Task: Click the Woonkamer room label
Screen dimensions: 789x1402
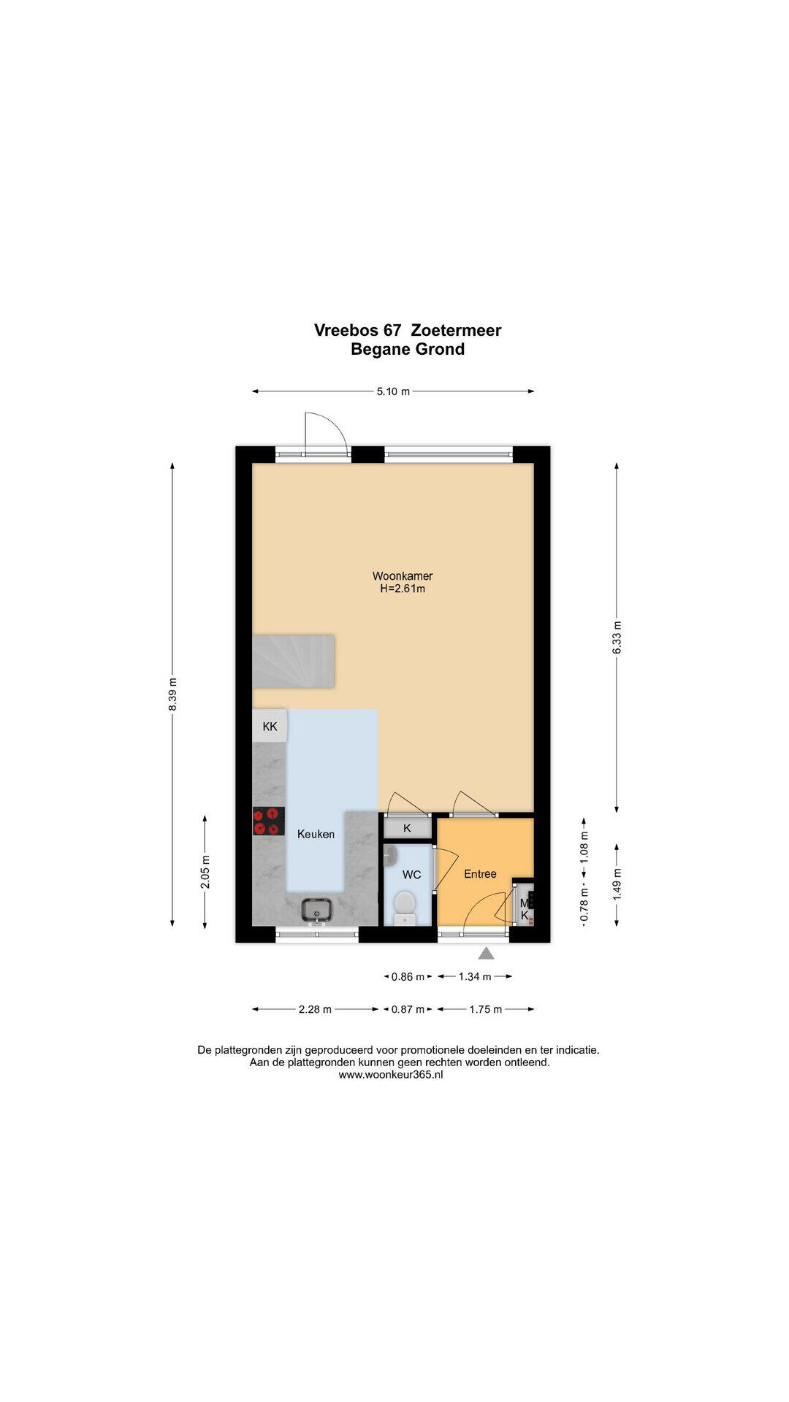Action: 403,575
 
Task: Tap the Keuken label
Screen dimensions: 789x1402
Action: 316,834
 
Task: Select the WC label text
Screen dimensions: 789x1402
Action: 411,875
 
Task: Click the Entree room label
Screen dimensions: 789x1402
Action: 480,873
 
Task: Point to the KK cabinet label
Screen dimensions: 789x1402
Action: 270,727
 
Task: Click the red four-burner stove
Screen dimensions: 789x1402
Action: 268,821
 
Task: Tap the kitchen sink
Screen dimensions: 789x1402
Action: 317,910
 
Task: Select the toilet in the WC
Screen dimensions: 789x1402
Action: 405,908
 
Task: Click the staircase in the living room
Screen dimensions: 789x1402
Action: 293,661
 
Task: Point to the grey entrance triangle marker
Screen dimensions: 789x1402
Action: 487,953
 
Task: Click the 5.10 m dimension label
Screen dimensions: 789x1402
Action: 393,391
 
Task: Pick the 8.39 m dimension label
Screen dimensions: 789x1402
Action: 172,694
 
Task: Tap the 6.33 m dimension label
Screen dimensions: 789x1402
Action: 617,637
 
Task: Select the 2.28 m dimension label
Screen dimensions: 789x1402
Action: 315,1009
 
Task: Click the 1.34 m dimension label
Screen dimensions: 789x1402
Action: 475,976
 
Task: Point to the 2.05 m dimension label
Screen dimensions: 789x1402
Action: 205,872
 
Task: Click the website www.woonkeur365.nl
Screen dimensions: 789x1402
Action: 391,1074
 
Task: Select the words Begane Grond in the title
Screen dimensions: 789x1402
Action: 408,349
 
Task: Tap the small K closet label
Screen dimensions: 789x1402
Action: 407,828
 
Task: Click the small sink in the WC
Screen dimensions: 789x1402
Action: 389,855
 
